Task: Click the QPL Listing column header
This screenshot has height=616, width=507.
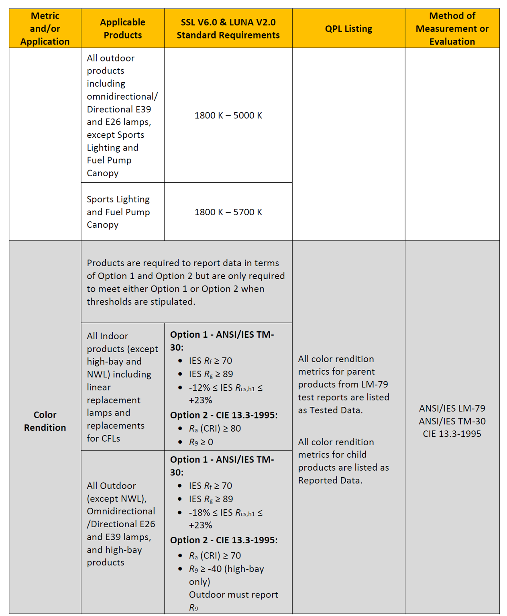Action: (348, 29)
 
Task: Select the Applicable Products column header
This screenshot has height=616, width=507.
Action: (122, 29)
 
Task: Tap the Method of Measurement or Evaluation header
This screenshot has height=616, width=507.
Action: (452, 29)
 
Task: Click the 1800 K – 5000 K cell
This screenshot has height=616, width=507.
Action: (228, 116)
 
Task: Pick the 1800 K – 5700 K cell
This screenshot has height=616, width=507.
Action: (228, 212)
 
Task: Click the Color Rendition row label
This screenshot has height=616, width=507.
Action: (45, 421)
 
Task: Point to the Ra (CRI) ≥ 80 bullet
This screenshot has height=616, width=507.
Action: (215, 428)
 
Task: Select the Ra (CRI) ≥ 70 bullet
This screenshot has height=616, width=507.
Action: (215, 555)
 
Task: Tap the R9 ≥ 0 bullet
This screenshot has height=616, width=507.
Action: (201, 442)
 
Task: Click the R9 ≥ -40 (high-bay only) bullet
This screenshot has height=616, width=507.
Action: (226, 569)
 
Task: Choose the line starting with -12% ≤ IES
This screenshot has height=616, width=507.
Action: (226, 388)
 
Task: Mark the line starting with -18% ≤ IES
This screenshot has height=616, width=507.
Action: (226, 513)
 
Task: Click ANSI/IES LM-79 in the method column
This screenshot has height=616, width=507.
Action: (452, 408)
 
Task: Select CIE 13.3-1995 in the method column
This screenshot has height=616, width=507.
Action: (452, 434)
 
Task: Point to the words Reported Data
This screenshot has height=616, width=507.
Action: (330, 480)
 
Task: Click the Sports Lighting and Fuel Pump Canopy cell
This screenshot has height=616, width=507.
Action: (118, 212)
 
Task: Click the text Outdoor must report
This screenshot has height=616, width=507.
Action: (233, 595)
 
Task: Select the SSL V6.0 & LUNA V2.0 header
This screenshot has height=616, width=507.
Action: (228, 22)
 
